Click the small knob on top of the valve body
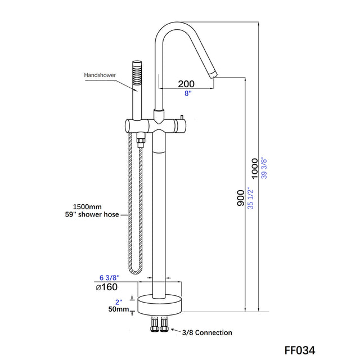(x=182, y=116)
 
